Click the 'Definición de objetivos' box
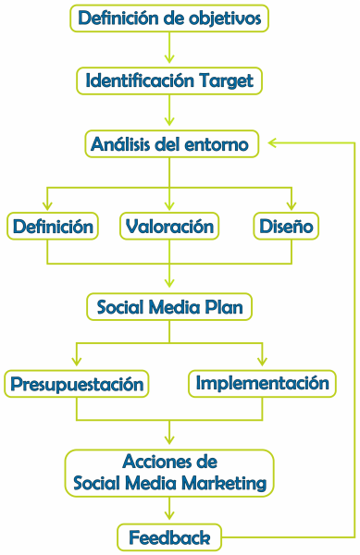pyautogui.click(x=169, y=18)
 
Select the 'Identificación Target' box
pyautogui.click(x=169, y=80)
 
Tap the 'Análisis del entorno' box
pyautogui.click(x=169, y=144)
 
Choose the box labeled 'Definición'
pyautogui.click(x=52, y=226)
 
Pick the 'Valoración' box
pyautogui.click(x=169, y=226)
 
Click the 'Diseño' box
pyautogui.click(x=287, y=226)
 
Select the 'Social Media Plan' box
pyautogui.click(x=169, y=306)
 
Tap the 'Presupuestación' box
pyautogui.click(x=77, y=383)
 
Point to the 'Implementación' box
pyautogui.click(x=263, y=382)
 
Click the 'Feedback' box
pyautogui.click(x=169, y=536)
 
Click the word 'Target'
pyautogui.click(x=225, y=80)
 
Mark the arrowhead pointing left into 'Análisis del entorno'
pyautogui.click(x=269, y=143)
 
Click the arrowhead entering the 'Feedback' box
pyautogui.click(x=169, y=518)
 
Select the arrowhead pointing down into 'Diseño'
pyautogui.click(x=292, y=207)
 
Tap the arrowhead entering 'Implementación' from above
pyautogui.click(x=263, y=363)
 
